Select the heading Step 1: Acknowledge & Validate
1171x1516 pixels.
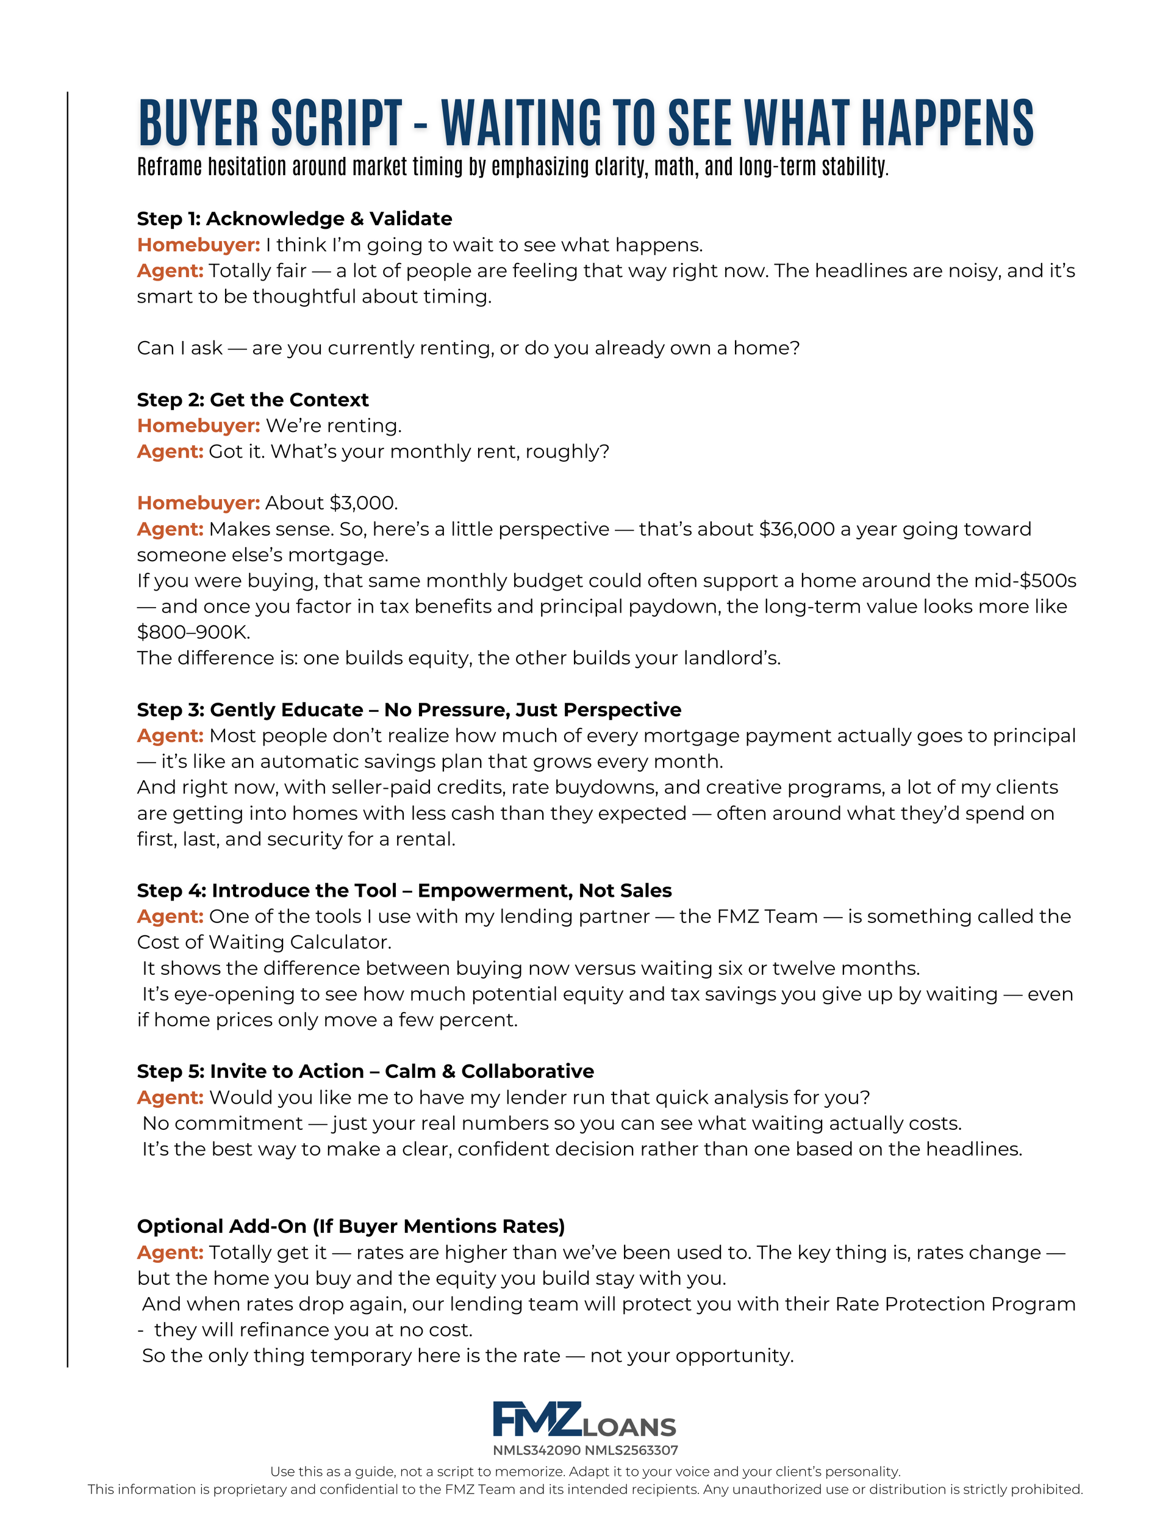(x=295, y=218)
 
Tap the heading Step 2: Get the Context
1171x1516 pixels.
(x=252, y=400)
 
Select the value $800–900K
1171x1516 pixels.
(x=193, y=631)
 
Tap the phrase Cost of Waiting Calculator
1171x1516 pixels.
(x=263, y=942)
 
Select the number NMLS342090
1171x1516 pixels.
(x=537, y=1450)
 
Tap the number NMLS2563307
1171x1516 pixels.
(x=631, y=1450)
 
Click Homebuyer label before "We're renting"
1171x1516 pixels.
(x=199, y=425)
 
